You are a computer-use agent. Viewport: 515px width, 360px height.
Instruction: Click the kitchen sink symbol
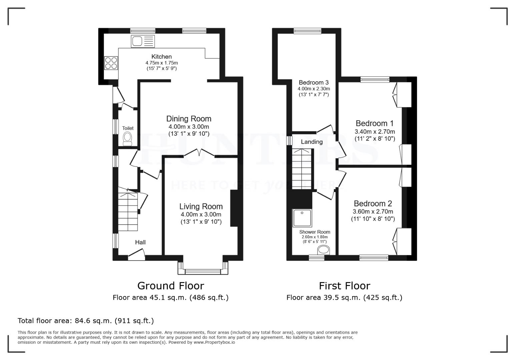click(143, 41)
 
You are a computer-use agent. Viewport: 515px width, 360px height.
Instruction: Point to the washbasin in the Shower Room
click(324, 250)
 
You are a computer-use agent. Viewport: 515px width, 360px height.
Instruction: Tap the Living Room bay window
click(203, 271)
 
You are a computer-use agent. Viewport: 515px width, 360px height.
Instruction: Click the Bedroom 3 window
click(307, 31)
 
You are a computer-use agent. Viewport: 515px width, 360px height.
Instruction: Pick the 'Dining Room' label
click(189, 119)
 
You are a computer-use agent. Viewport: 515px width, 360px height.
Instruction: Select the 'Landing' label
click(312, 142)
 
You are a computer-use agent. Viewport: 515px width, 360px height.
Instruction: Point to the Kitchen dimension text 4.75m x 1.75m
click(161, 63)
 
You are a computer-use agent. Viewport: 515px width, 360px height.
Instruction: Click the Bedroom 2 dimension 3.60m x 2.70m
click(373, 211)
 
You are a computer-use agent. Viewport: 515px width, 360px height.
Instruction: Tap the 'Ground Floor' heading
click(170, 286)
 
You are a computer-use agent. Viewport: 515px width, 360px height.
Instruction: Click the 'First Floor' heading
click(344, 286)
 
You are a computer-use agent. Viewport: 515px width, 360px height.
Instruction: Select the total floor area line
click(86, 321)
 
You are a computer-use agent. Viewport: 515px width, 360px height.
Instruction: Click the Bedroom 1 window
click(375, 79)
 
